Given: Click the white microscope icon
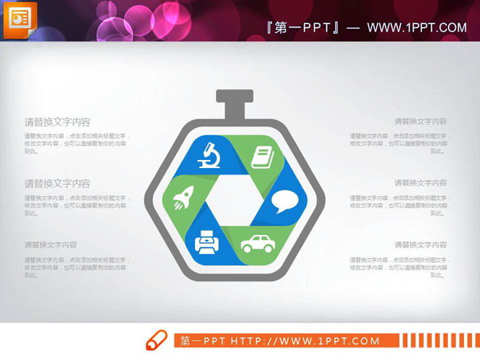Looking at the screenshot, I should tap(211, 154).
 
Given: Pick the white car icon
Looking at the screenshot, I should tap(257, 244).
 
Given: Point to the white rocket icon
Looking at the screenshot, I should tap(183, 199).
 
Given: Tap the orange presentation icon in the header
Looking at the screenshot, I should tap(20, 20).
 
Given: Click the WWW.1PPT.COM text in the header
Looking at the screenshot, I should tap(417, 28).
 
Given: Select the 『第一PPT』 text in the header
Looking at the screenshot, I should tap(303, 28).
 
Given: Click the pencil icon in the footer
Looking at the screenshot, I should tap(156, 340).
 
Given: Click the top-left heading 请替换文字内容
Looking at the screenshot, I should tap(57, 122).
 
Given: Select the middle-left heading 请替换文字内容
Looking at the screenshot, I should tap(57, 183).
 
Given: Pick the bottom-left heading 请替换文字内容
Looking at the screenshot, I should tap(51, 245).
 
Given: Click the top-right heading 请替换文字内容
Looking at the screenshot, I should tap(420, 121).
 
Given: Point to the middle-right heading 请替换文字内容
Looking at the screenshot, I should tap(420, 183).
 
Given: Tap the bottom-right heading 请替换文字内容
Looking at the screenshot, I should tap(420, 245).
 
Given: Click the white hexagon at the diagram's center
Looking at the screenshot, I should tap(234, 199).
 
